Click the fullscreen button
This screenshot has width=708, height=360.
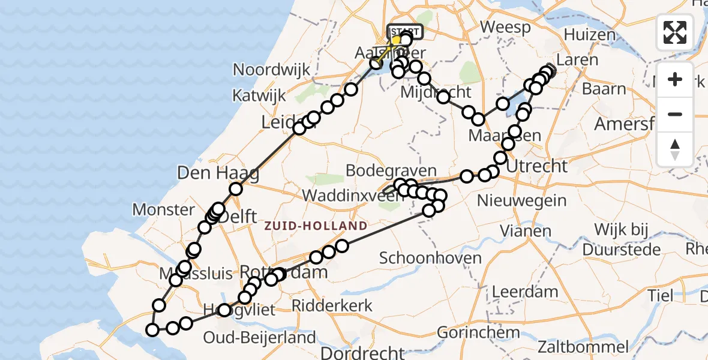coord(675,32)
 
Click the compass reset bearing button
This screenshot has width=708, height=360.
coord(675,149)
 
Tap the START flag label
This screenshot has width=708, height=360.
coord(406,32)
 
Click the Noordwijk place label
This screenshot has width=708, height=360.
coord(272,70)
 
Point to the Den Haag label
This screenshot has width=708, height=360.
coord(218,173)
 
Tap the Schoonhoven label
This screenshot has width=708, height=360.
coord(431,258)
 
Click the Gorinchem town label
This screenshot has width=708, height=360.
coord(478,332)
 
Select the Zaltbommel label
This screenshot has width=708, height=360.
coord(583,346)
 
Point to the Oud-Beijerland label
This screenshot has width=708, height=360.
coord(259,337)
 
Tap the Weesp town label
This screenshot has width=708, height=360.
coord(505,27)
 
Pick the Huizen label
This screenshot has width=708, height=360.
coord(590,34)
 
